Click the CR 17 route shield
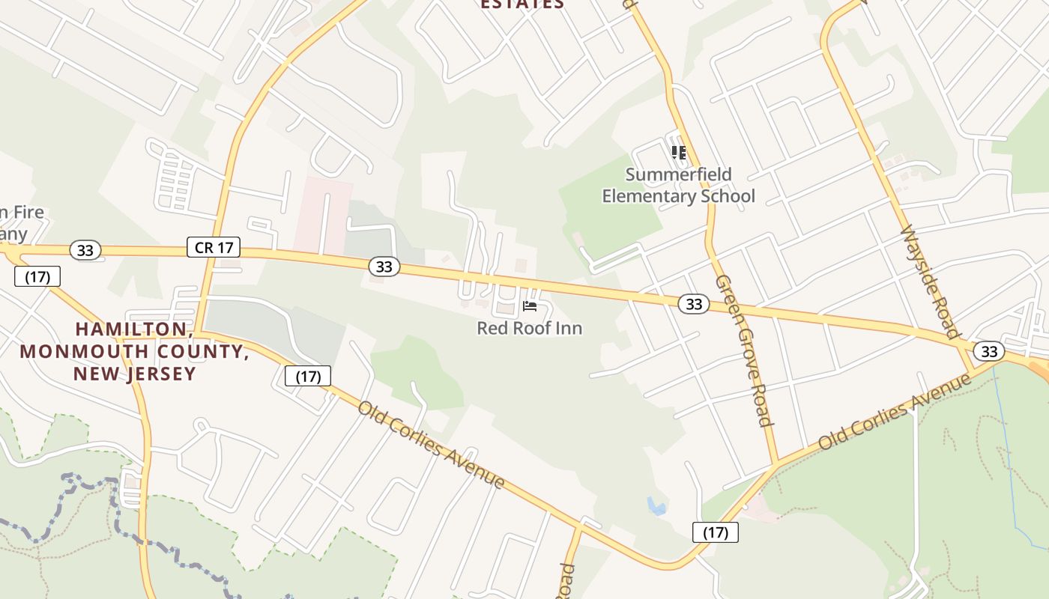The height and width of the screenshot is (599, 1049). click(214, 247)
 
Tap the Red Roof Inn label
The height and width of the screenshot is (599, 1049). click(529, 328)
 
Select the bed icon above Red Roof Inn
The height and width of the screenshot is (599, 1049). click(530, 306)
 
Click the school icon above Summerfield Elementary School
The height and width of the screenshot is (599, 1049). click(679, 153)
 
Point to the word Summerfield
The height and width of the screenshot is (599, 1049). click(678, 174)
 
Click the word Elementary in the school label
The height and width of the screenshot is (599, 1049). click(650, 196)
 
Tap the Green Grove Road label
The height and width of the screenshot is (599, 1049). click(743, 350)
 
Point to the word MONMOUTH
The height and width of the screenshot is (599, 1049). click(80, 351)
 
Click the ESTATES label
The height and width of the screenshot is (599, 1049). click(522, 4)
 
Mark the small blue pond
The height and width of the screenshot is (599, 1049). click(657, 507)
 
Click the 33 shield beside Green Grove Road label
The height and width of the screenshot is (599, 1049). click(694, 303)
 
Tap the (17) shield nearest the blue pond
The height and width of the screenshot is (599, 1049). click(716, 532)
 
